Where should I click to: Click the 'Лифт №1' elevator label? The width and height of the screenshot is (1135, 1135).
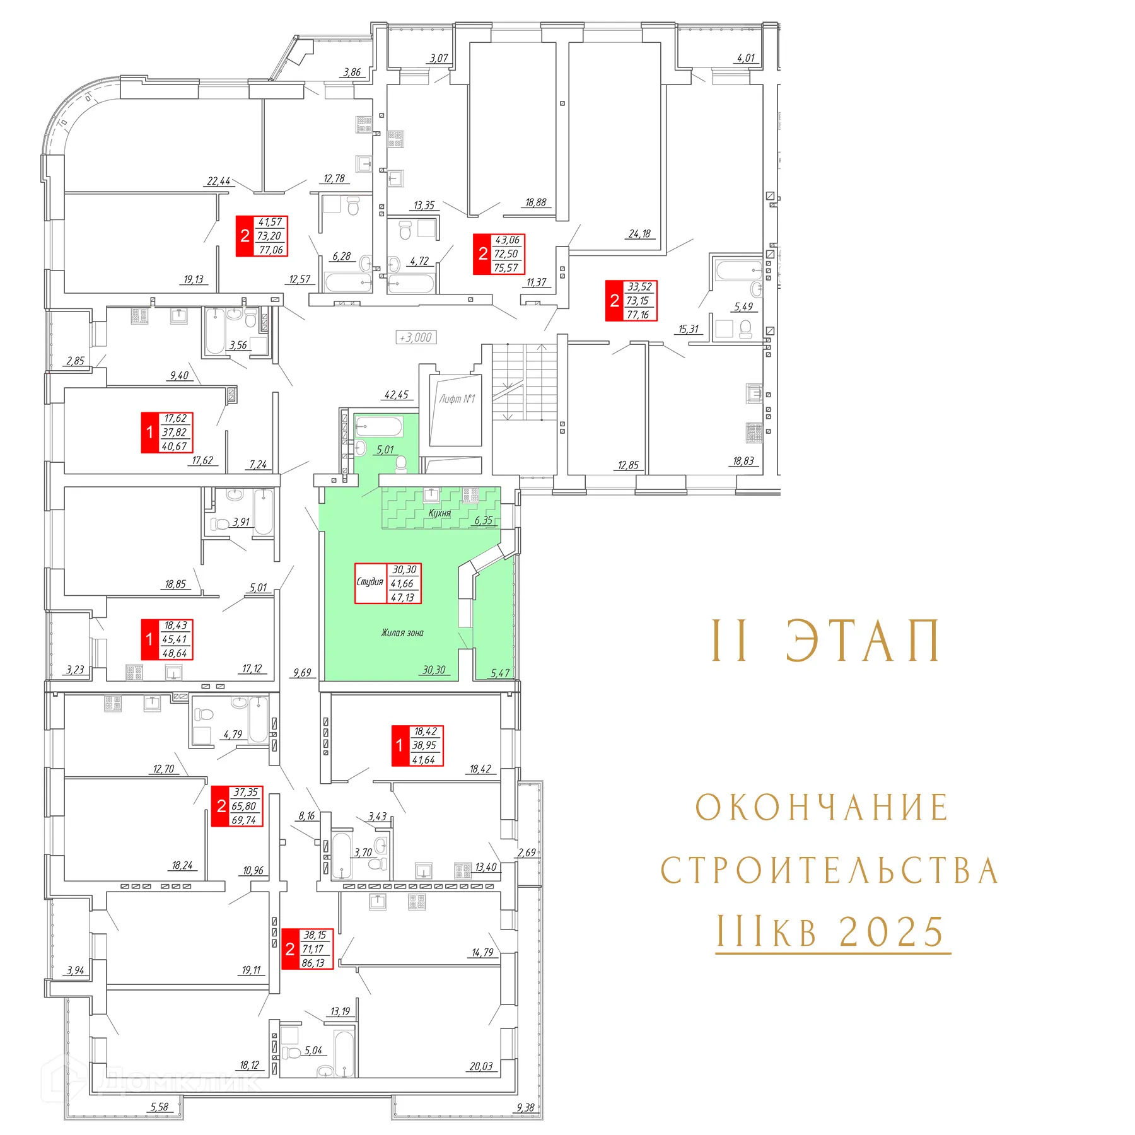pyautogui.click(x=457, y=399)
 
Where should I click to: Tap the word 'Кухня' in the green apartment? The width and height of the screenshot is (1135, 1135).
pyautogui.click(x=439, y=513)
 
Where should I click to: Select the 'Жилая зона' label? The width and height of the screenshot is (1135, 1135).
pyautogui.click(x=402, y=632)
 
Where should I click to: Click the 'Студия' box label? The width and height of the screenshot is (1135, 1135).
pyautogui.click(x=370, y=582)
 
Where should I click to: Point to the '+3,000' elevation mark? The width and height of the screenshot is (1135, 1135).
pyautogui.click(x=416, y=337)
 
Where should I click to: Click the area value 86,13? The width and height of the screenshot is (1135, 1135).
pyautogui.click(x=313, y=963)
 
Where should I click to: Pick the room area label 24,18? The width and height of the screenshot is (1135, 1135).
pyautogui.click(x=639, y=234)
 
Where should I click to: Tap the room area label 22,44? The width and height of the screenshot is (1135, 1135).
pyautogui.click(x=219, y=182)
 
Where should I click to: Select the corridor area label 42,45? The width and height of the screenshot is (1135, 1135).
pyautogui.click(x=397, y=395)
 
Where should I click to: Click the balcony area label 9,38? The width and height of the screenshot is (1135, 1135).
pyautogui.click(x=525, y=1108)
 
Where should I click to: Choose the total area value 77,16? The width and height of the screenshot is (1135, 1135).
pyautogui.click(x=638, y=315)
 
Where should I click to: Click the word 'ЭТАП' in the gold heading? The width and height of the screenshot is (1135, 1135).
pyautogui.click(x=863, y=641)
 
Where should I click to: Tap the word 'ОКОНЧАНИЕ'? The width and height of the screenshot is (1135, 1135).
pyautogui.click(x=822, y=808)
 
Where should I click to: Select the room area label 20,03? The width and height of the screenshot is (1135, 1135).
pyautogui.click(x=481, y=1066)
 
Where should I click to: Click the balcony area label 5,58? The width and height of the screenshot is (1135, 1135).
pyautogui.click(x=160, y=1107)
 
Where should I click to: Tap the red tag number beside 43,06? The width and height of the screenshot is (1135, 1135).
pyautogui.click(x=483, y=254)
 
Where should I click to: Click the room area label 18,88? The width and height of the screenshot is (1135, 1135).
pyautogui.click(x=536, y=202)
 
